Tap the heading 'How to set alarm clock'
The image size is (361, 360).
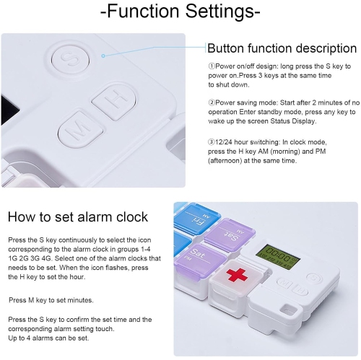[x=77, y=216]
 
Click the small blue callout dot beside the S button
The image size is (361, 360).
[x=104, y=55]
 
